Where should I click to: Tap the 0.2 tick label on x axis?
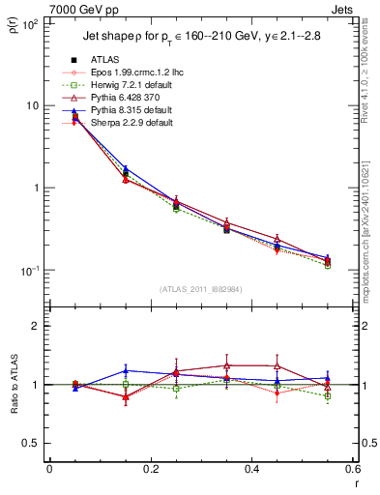150,469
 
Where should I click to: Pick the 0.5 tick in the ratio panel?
32,443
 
